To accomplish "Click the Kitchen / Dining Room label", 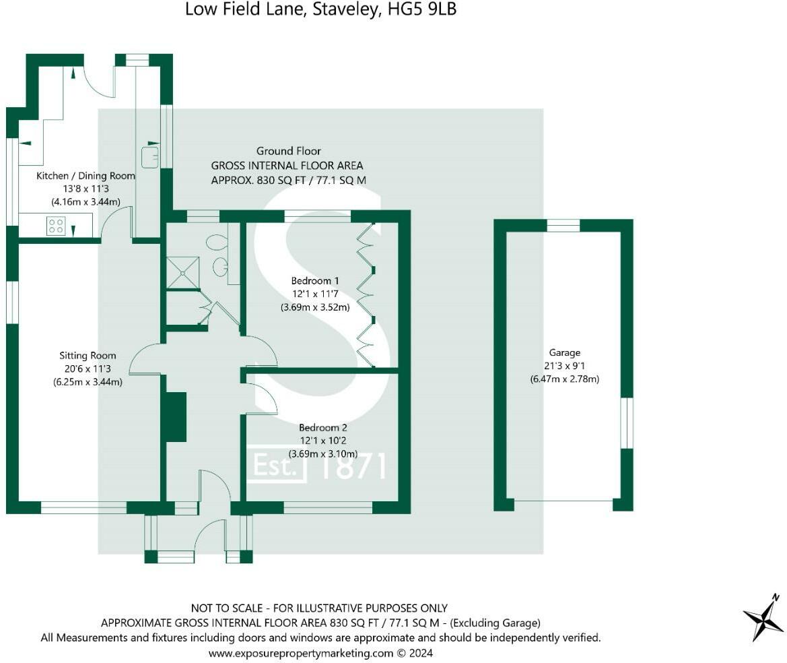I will [85, 176].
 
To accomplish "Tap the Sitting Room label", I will [88, 356].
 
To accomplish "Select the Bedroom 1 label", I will [311, 280].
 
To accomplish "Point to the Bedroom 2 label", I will [322, 428].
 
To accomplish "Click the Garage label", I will [564, 352].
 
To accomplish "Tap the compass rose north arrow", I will [763, 617].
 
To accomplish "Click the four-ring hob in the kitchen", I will [56, 226].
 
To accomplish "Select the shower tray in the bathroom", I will [183, 272].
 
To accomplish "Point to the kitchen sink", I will [149, 157].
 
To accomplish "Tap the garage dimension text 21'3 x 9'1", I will [564, 366].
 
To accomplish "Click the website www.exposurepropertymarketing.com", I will [300, 653].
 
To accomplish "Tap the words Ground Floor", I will [288, 151].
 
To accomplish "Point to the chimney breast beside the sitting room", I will [175, 416].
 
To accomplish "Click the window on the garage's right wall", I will [627, 422].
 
